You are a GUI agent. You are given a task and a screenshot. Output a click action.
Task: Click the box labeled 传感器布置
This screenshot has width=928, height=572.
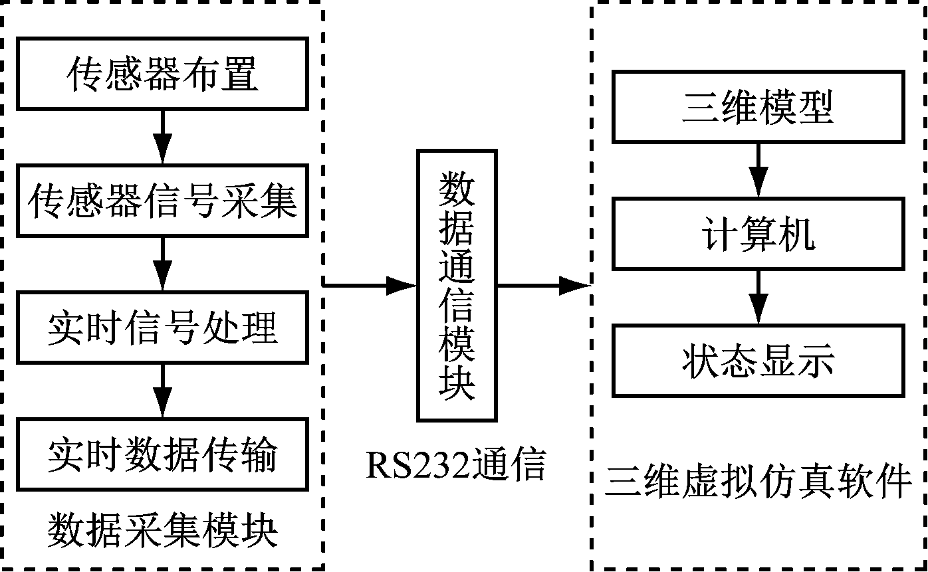162,73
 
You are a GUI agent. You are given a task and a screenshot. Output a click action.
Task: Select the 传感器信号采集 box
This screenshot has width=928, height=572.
162,201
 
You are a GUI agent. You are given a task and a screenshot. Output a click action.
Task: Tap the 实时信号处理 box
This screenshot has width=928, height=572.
162,328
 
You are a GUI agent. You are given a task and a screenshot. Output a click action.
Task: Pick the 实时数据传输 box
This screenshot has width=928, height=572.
162,454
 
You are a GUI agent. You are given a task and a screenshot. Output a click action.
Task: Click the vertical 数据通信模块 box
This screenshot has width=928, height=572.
457,286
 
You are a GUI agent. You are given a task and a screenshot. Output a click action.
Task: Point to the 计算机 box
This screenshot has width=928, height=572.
758,233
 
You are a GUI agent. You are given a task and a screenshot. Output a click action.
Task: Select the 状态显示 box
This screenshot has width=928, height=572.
758,361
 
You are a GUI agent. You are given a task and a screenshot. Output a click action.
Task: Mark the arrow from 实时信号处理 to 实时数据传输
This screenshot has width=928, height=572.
162,391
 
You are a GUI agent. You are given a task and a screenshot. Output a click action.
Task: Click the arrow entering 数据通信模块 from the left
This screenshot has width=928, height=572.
370,286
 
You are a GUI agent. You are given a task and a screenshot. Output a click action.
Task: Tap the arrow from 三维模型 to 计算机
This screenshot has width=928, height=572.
758,170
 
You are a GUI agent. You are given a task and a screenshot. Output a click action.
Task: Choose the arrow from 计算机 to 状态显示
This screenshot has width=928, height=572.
758,297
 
